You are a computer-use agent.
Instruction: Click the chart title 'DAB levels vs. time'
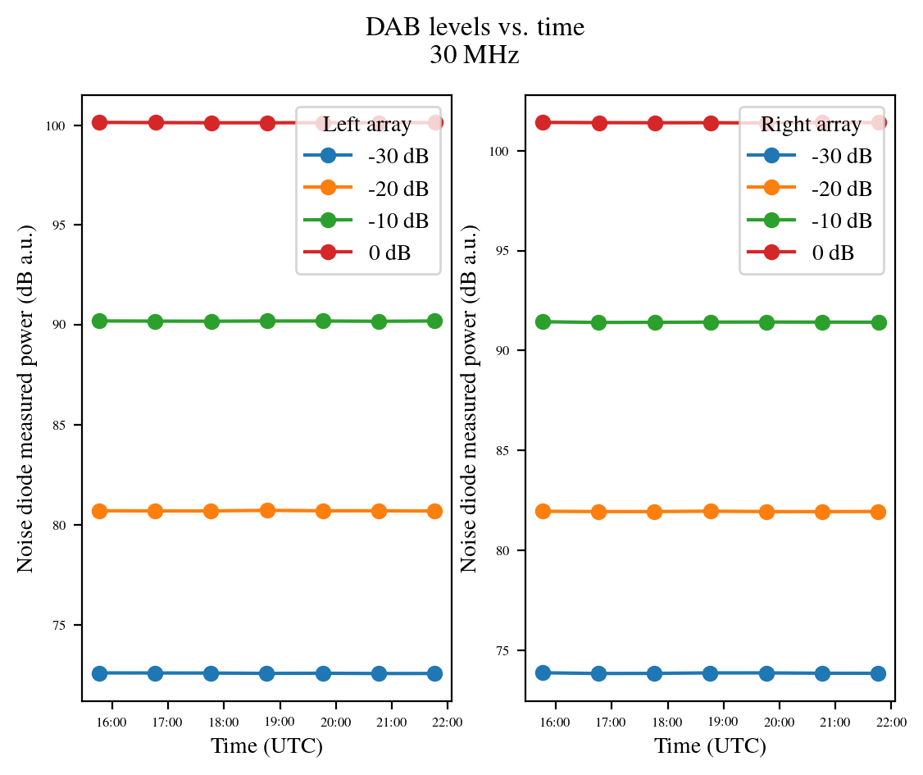475,27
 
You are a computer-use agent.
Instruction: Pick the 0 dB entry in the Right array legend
833,253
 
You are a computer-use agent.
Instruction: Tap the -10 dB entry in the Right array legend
842,221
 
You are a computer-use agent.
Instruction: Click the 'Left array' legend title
367,125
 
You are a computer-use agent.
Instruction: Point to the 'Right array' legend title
811,125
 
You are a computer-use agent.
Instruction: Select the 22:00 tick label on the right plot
891,723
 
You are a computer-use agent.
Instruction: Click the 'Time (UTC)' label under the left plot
266,746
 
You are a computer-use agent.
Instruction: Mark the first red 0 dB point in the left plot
100,122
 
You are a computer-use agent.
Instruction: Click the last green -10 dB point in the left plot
434,321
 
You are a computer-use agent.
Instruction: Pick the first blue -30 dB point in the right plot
543,672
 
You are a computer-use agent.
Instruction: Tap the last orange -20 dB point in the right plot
878,512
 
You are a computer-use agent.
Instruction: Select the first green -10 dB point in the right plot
543,321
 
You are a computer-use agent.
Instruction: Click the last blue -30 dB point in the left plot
434,673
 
